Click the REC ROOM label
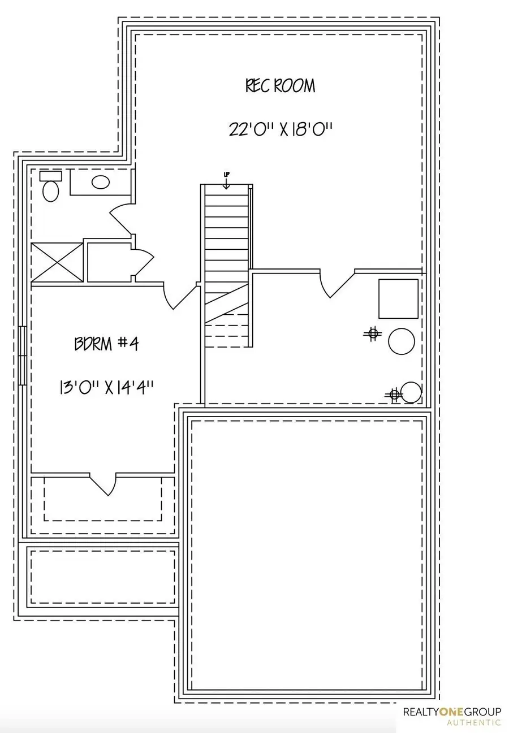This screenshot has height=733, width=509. click(280, 86)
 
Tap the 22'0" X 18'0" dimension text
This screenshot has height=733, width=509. click(279, 129)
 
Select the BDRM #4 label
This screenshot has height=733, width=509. click(106, 344)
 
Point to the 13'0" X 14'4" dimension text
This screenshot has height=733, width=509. click(106, 388)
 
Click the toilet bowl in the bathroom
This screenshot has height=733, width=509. click(51, 191)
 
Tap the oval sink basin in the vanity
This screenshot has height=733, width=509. click(101, 182)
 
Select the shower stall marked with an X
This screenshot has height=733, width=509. click(57, 261)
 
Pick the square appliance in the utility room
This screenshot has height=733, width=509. click(398, 298)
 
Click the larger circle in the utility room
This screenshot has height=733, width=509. click(402, 341)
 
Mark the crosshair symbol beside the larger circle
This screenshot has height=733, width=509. click(372, 334)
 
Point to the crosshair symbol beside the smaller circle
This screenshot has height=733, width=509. click(394, 394)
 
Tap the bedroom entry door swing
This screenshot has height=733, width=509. click(180, 297)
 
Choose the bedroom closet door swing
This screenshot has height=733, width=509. click(103, 484)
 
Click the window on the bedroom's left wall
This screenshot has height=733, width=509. click(23, 355)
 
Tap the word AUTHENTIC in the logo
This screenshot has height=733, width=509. click(473, 722)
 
